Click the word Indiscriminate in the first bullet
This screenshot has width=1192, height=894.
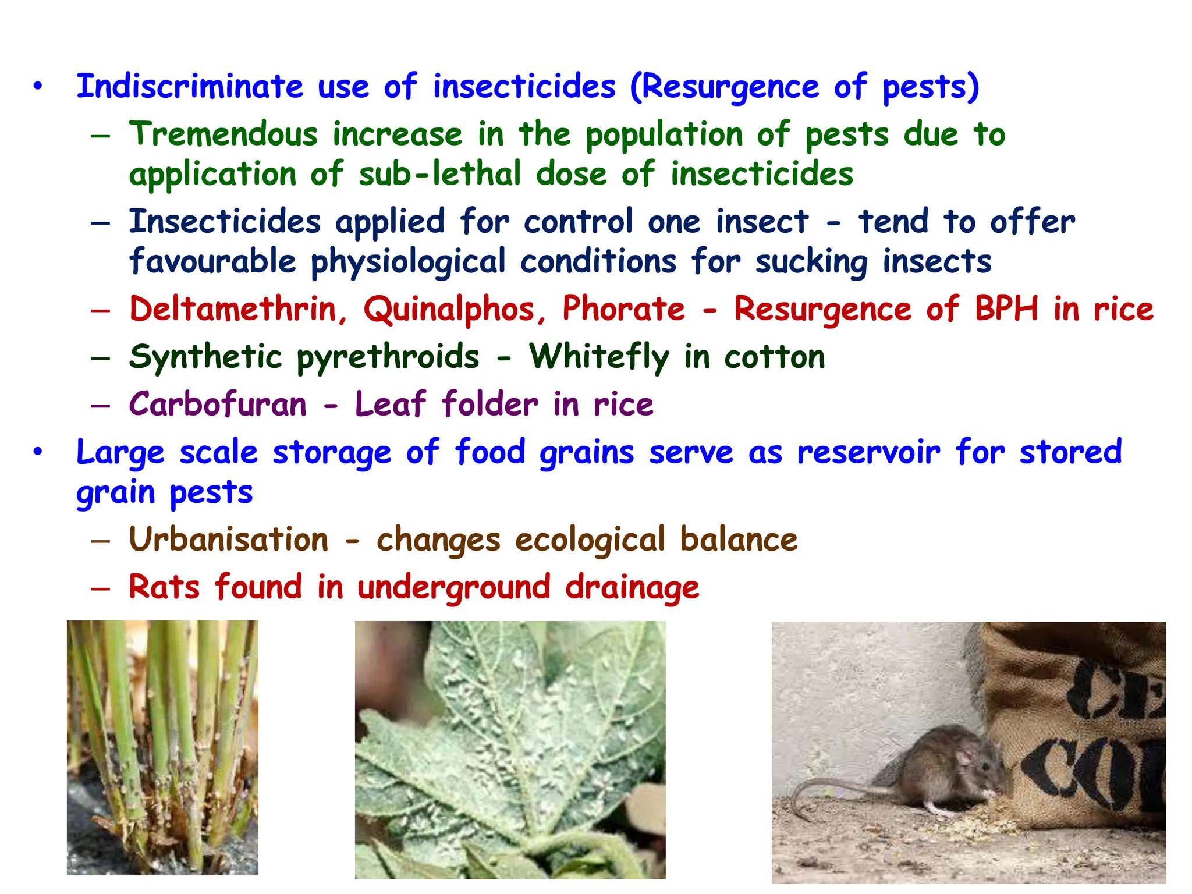tap(190, 87)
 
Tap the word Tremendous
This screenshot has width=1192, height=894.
tap(223, 134)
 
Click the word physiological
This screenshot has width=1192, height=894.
tap(407, 262)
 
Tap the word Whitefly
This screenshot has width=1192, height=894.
tap(599, 357)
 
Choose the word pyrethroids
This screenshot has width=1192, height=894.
tap(388, 357)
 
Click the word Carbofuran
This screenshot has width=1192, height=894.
tap(218, 404)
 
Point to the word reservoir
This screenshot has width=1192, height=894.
tap(868, 452)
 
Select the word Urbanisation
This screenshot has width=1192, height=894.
tap(229, 540)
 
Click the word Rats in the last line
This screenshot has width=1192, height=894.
tap(164, 587)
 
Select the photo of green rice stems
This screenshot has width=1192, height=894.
tap(162, 747)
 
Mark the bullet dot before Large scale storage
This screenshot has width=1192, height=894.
tap(38, 452)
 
